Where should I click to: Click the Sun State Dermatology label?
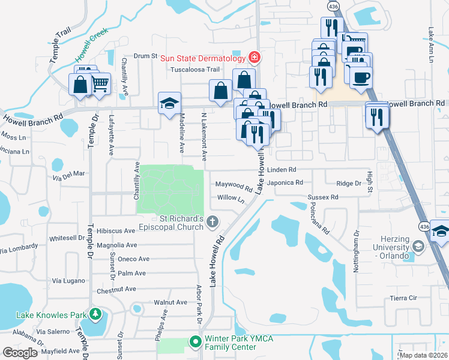click(202, 58)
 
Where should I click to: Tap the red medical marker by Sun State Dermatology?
click(255, 58)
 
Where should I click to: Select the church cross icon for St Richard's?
click(212, 223)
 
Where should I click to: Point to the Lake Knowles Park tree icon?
click(95, 314)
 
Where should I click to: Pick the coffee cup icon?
click(361, 78)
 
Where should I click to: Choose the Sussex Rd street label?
click(323, 197)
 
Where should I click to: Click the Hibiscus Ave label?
click(117, 230)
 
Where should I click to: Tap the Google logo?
click(20, 353)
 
